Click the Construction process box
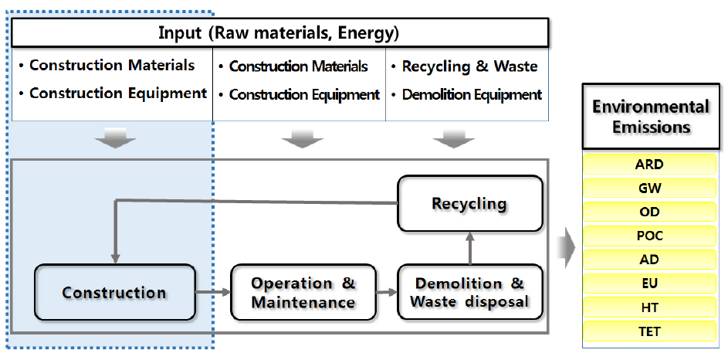pos(115,292)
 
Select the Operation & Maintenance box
pos(303,292)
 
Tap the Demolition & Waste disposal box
pos(470,292)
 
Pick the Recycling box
pos(470,203)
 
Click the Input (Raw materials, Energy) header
pos(279,33)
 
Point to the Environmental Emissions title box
pos(651,116)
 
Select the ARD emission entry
pos(649,165)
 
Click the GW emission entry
pos(649,188)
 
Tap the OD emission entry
pos(649,212)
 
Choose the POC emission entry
pos(649,236)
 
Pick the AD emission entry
pos(649,260)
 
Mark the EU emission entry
pos(649,284)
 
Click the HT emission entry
pos(649,307)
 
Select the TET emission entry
pos(649,331)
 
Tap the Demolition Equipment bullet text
pos(472,95)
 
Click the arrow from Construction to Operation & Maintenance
pos(213,292)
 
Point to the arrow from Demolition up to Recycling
pos(470,248)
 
